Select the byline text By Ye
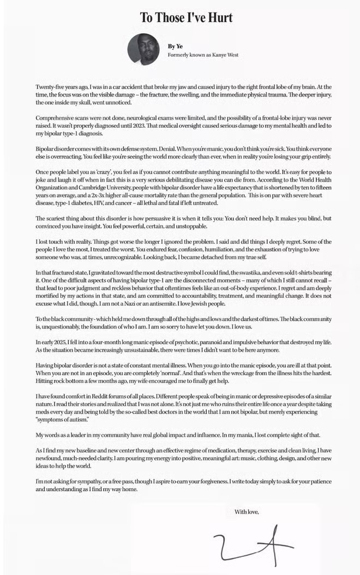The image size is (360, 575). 176,46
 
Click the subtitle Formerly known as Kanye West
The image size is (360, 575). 203,55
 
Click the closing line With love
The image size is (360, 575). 247,512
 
